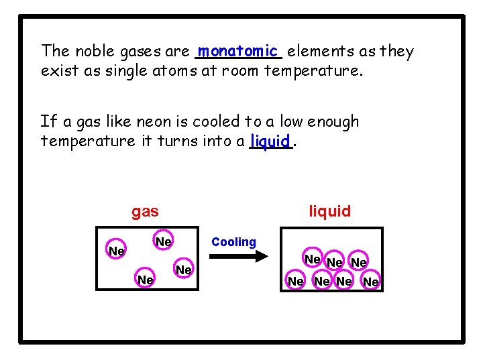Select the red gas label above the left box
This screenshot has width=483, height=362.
point(145,212)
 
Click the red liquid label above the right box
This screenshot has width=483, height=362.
point(329,211)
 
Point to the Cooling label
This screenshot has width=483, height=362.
point(233,242)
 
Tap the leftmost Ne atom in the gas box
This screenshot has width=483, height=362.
point(117,251)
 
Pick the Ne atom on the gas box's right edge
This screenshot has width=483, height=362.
point(184,269)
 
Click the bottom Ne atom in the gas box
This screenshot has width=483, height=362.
point(145,278)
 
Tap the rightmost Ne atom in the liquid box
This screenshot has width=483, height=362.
point(371,282)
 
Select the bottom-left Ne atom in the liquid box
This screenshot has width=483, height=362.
point(296,282)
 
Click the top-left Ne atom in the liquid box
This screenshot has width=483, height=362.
point(313,259)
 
